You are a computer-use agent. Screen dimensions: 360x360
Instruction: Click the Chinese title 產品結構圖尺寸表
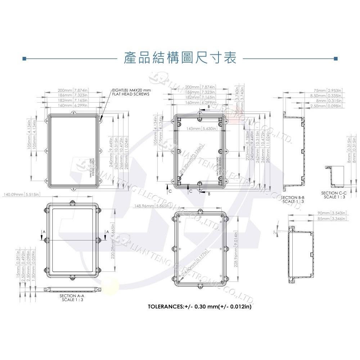pyautogui.click(x=180, y=58)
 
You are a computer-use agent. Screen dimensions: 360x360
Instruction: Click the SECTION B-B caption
pyautogui.click(x=293, y=199)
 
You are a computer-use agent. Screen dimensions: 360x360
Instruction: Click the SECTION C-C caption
pyautogui.click(x=333, y=195)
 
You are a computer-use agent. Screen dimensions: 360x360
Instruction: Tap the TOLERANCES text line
pyautogui.click(x=199, y=307)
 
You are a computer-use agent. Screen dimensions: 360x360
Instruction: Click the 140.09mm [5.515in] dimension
pyautogui.click(x=21, y=194)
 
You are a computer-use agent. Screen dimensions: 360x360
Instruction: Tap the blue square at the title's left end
pyautogui.click(x=24, y=58)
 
